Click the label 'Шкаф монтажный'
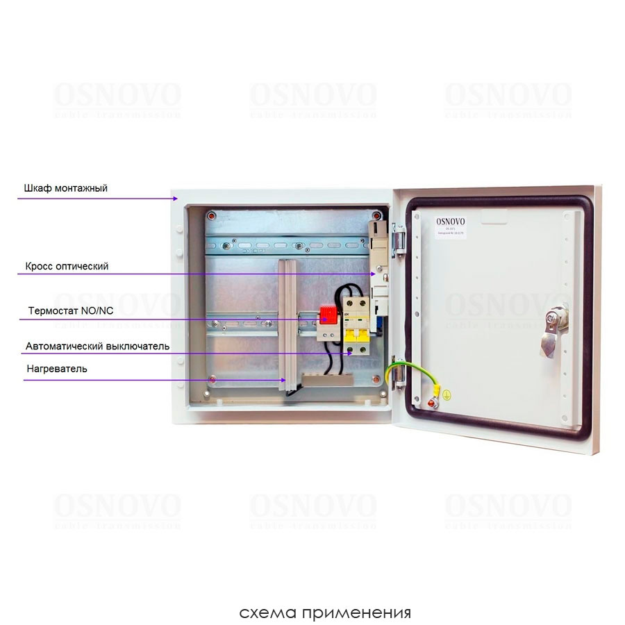coord(65,187)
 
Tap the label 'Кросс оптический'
coord(67,266)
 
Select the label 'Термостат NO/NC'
coord(70,310)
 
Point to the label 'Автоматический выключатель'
coord(97,345)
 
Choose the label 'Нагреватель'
coord(56,369)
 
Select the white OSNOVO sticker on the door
coord(451,226)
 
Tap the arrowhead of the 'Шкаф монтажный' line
coord(175,199)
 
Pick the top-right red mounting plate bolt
coord(376,215)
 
